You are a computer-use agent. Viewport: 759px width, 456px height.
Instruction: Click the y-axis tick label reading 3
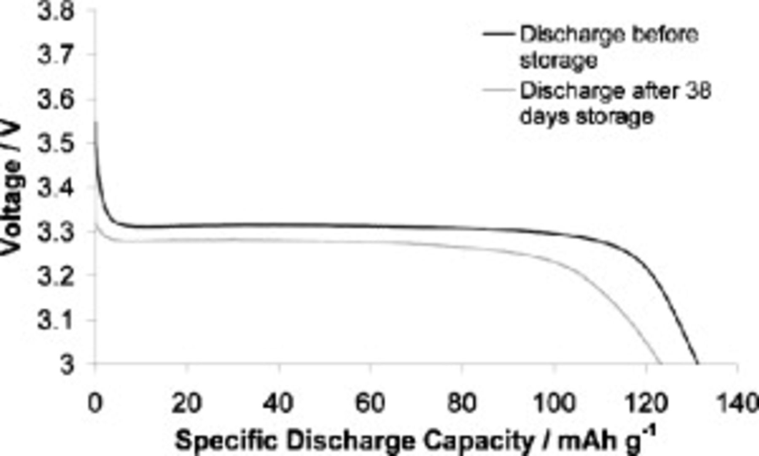click(x=67, y=364)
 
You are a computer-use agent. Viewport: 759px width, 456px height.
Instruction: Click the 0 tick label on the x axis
click(x=95, y=403)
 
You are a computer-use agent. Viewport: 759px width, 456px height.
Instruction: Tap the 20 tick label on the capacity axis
click(x=186, y=403)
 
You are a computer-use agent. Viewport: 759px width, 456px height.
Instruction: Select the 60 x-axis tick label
click(x=370, y=403)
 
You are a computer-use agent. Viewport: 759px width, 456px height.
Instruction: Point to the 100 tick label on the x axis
click(x=554, y=403)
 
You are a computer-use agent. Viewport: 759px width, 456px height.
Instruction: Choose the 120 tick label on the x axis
click(x=646, y=403)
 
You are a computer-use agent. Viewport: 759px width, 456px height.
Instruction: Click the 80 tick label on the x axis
click(x=462, y=403)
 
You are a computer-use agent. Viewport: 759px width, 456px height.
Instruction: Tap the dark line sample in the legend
click(x=499, y=34)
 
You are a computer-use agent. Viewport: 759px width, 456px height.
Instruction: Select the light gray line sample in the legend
click(x=499, y=90)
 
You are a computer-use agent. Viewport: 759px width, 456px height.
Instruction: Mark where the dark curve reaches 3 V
click(x=697, y=363)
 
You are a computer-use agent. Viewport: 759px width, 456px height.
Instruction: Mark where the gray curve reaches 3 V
click(x=660, y=363)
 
